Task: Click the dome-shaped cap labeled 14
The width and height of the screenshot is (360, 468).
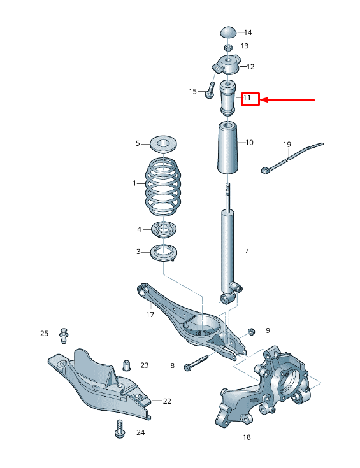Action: pos(229,32)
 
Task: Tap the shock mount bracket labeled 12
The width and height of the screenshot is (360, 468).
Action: pos(226,66)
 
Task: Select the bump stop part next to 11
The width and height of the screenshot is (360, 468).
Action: pos(228,98)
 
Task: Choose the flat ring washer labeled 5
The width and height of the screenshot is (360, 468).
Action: pos(163,143)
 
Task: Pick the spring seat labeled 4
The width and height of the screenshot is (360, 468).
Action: pos(163,229)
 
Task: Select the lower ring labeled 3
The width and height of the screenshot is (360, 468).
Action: pos(163,252)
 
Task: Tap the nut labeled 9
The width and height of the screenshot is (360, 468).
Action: pos(251,330)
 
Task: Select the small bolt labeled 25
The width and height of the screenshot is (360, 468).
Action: pos(63,334)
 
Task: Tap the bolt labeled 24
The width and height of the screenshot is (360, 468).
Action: pos(119,430)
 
